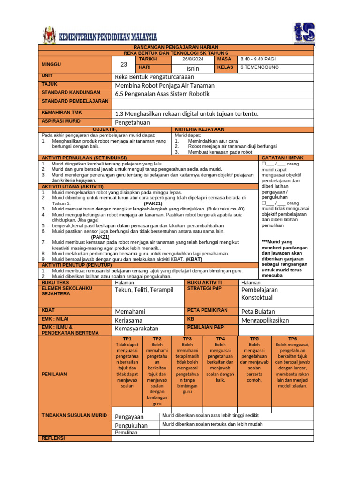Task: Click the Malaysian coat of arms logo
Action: click(x=49, y=36)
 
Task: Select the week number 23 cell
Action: click(x=124, y=64)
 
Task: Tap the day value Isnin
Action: click(x=193, y=68)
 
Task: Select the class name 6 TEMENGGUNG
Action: click(x=260, y=67)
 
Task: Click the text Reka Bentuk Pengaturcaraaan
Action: click(x=154, y=77)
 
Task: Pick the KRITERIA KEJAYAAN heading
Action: click(x=199, y=129)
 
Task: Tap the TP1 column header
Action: click(x=127, y=338)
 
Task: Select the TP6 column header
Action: click(x=292, y=338)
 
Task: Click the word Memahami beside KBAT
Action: click(x=130, y=312)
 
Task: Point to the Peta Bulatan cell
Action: click(x=258, y=312)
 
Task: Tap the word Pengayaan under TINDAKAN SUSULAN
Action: click(x=130, y=417)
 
